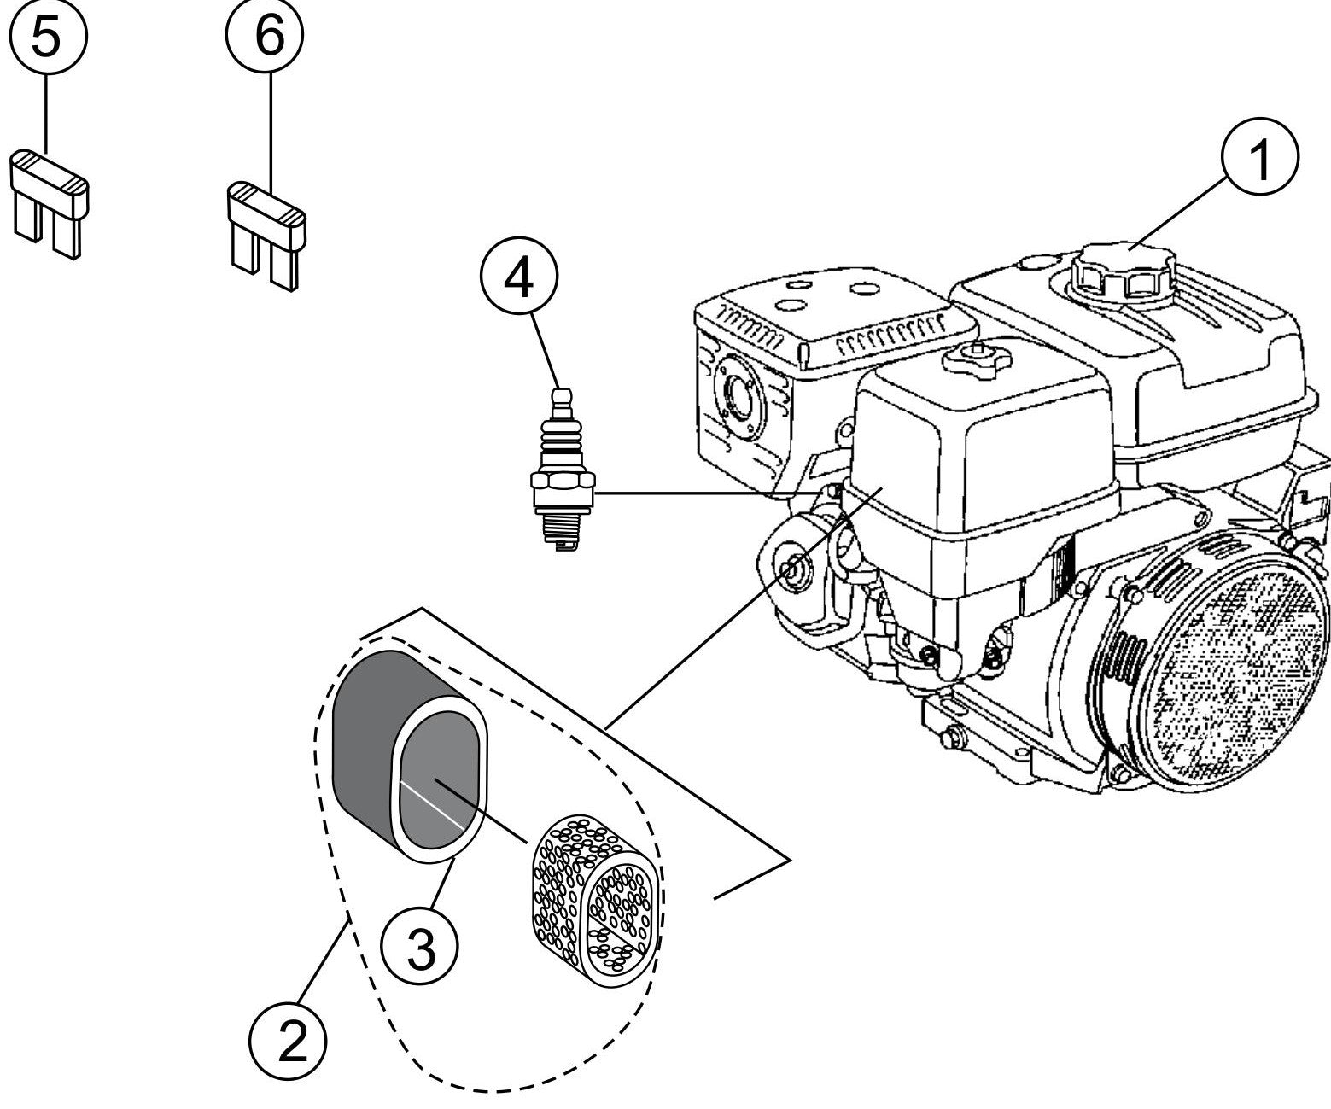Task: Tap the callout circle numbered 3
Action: coord(419,949)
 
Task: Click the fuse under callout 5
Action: coord(50,201)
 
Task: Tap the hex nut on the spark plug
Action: coord(561,493)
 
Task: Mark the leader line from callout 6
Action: coord(271,128)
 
